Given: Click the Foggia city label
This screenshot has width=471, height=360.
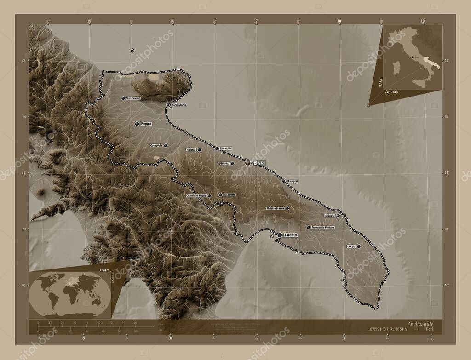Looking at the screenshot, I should [147, 124].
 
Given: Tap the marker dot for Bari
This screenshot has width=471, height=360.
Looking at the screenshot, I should [247, 162].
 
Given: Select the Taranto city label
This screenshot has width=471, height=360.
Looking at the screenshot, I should [291, 235].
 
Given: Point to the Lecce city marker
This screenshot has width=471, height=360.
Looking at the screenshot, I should [358, 246].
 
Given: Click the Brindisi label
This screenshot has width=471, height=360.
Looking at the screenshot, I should [329, 216].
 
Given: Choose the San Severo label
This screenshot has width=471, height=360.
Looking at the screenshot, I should [133, 98].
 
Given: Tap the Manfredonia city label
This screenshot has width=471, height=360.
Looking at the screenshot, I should [178, 105].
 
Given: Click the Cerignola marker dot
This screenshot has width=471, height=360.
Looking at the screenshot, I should [165, 146].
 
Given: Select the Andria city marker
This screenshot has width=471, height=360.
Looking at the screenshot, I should [200, 149].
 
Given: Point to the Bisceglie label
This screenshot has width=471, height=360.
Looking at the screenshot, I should [225, 148].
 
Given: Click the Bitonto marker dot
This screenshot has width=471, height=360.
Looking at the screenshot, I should [232, 163].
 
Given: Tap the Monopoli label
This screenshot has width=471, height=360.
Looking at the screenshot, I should [293, 181].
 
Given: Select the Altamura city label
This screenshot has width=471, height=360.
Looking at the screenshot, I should [230, 195].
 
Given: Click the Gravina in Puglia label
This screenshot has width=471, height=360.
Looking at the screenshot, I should [196, 196].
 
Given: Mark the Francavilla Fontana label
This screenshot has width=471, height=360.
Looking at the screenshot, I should [323, 228].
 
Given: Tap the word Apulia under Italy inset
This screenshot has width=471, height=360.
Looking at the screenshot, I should [392, 92].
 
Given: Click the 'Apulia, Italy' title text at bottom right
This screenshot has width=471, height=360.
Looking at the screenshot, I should [420, 324].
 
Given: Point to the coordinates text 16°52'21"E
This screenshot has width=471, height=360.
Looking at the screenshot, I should [377, 330].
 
